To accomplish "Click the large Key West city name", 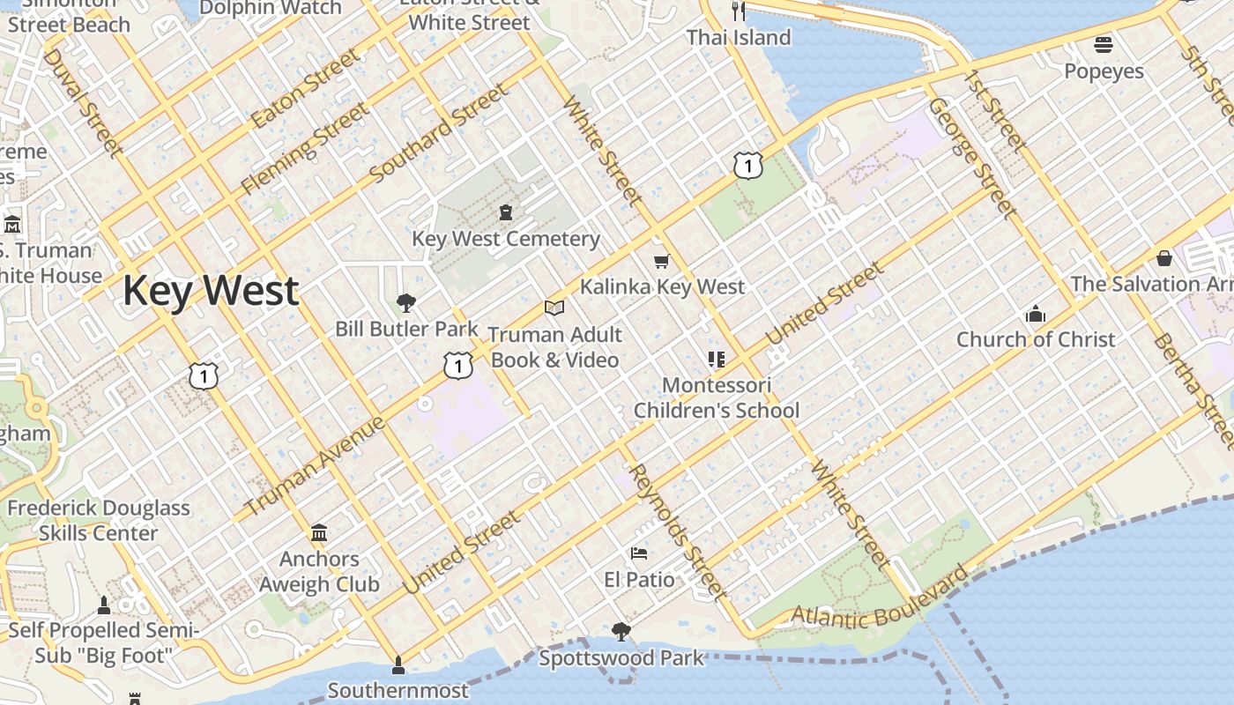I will [x=211, y=291].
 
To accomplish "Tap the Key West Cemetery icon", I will [x=506, y=212].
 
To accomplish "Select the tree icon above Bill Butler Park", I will [x=406, y=303].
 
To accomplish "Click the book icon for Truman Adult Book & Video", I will [x=554, y=308].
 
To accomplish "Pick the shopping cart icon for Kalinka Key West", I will [x=662, y=261].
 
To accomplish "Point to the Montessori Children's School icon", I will [x=716, y=359].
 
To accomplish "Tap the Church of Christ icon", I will [x=1035, y=314].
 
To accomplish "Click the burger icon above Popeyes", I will [x=1104, y=44].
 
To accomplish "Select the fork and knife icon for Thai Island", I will [x=739, y=11].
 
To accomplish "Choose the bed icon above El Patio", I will [x=639, y=553].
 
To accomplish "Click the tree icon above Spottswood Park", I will [x=621, y=631].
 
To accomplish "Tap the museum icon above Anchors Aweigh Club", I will [x=319, y=532].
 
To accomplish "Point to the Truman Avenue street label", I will [x=314, y=466].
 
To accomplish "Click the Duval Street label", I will [x=82, y=100].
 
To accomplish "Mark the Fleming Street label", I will [x=305, y=148].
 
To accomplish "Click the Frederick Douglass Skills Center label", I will [x=99, y=520].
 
